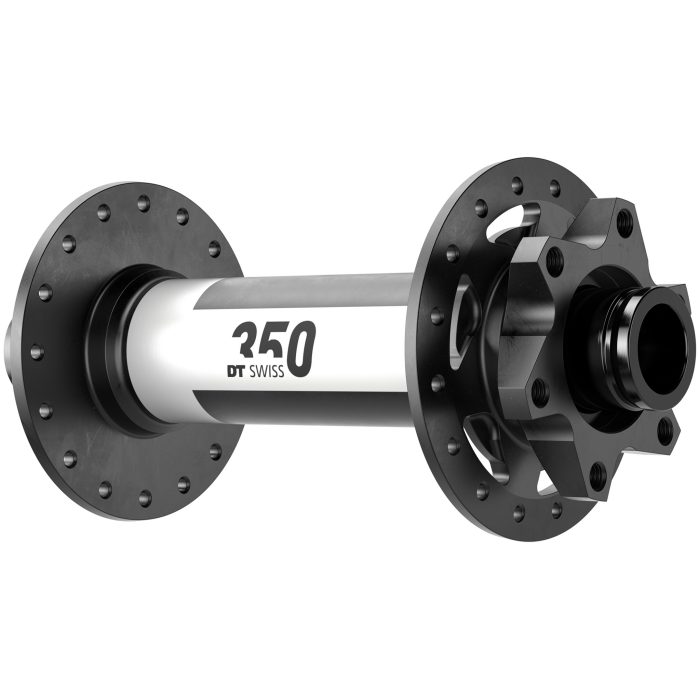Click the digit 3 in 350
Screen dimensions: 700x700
(x=245, y=340)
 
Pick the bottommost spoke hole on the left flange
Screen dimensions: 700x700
(x=144, y=496)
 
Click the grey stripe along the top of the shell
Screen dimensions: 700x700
(x=300, y=285)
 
